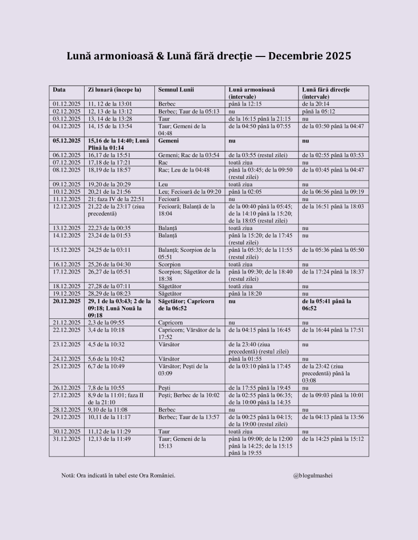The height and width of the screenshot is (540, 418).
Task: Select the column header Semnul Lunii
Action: point(176,90)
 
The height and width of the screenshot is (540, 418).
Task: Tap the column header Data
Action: point(59,90)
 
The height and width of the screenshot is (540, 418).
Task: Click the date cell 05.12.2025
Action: point(67,141)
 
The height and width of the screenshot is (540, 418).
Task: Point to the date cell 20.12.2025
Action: point(67,301)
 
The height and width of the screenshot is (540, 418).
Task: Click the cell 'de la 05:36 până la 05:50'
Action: point(333,250)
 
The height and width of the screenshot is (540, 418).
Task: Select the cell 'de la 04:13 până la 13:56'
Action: point(333,417)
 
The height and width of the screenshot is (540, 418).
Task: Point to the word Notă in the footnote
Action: point(68,476)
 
